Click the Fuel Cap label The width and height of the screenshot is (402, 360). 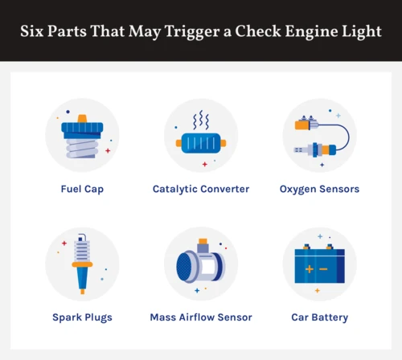(82, 189)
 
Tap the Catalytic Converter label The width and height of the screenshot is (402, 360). (201, 189)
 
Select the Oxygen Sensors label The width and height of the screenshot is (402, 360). (319, 189)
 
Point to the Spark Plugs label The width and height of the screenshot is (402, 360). (82, 317)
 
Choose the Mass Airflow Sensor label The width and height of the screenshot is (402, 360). (201, 317)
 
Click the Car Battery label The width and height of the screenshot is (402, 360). (320, 317)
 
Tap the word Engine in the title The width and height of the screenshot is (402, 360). (311, 31)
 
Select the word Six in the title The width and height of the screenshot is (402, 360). (32, 31)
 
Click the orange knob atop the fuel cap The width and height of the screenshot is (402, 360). (82, 119)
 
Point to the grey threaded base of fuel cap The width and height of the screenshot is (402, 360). (82, 148)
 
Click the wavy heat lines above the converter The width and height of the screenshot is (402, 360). (201, 120)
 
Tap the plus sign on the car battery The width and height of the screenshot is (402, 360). (310, 269)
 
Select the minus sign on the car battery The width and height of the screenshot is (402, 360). (323, 269)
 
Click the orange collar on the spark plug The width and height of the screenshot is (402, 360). (82, 264)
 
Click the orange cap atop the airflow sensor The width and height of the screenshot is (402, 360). (203, 241)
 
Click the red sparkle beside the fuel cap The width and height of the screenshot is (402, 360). (108, 151)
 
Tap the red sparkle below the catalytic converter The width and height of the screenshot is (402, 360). (205, 164)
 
